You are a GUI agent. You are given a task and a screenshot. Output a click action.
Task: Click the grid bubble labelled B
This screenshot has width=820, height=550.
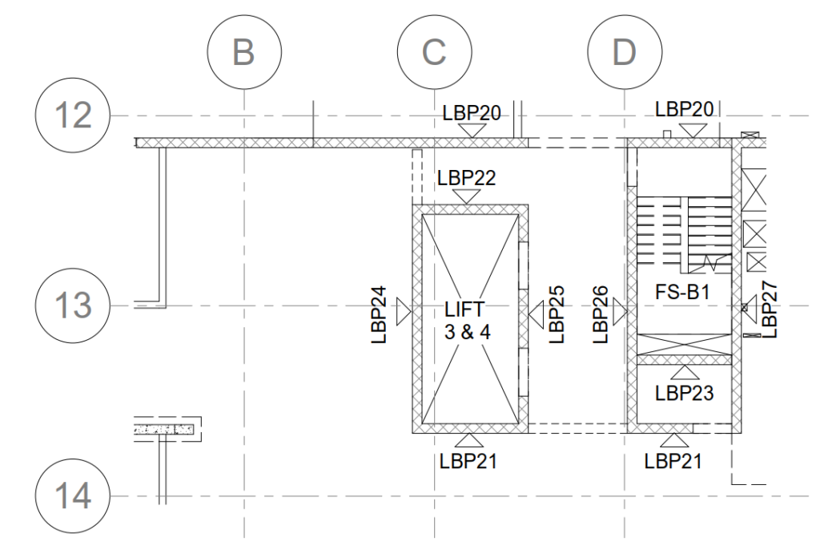[244, 52]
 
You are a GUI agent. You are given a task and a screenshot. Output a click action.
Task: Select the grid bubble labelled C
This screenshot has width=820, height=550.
[433, 52]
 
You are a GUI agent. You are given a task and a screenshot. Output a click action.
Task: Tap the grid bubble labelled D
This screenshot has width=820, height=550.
[623, 52]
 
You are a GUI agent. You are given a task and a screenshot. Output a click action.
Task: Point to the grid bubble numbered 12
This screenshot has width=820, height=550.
[73, 115]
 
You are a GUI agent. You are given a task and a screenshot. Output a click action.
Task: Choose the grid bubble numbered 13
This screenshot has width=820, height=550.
[73, 305]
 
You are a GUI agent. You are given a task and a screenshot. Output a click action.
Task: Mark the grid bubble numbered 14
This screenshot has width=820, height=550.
[73, 495]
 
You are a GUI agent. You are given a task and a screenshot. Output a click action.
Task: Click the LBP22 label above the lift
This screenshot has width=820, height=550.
[467, 178]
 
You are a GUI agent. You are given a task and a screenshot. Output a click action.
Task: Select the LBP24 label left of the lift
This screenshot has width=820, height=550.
[381, 315]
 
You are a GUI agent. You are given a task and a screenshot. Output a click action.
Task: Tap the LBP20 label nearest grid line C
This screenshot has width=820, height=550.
[472, 114]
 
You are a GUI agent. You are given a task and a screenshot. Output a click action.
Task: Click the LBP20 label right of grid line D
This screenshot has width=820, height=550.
[684, 108]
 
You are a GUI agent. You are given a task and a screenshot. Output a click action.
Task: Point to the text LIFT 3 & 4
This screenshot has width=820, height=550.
[467, 319]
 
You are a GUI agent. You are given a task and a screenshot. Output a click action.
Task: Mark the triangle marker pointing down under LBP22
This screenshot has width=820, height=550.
[467, 196]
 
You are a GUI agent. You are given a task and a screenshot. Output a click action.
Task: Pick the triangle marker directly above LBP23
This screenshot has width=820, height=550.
[685, 373]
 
